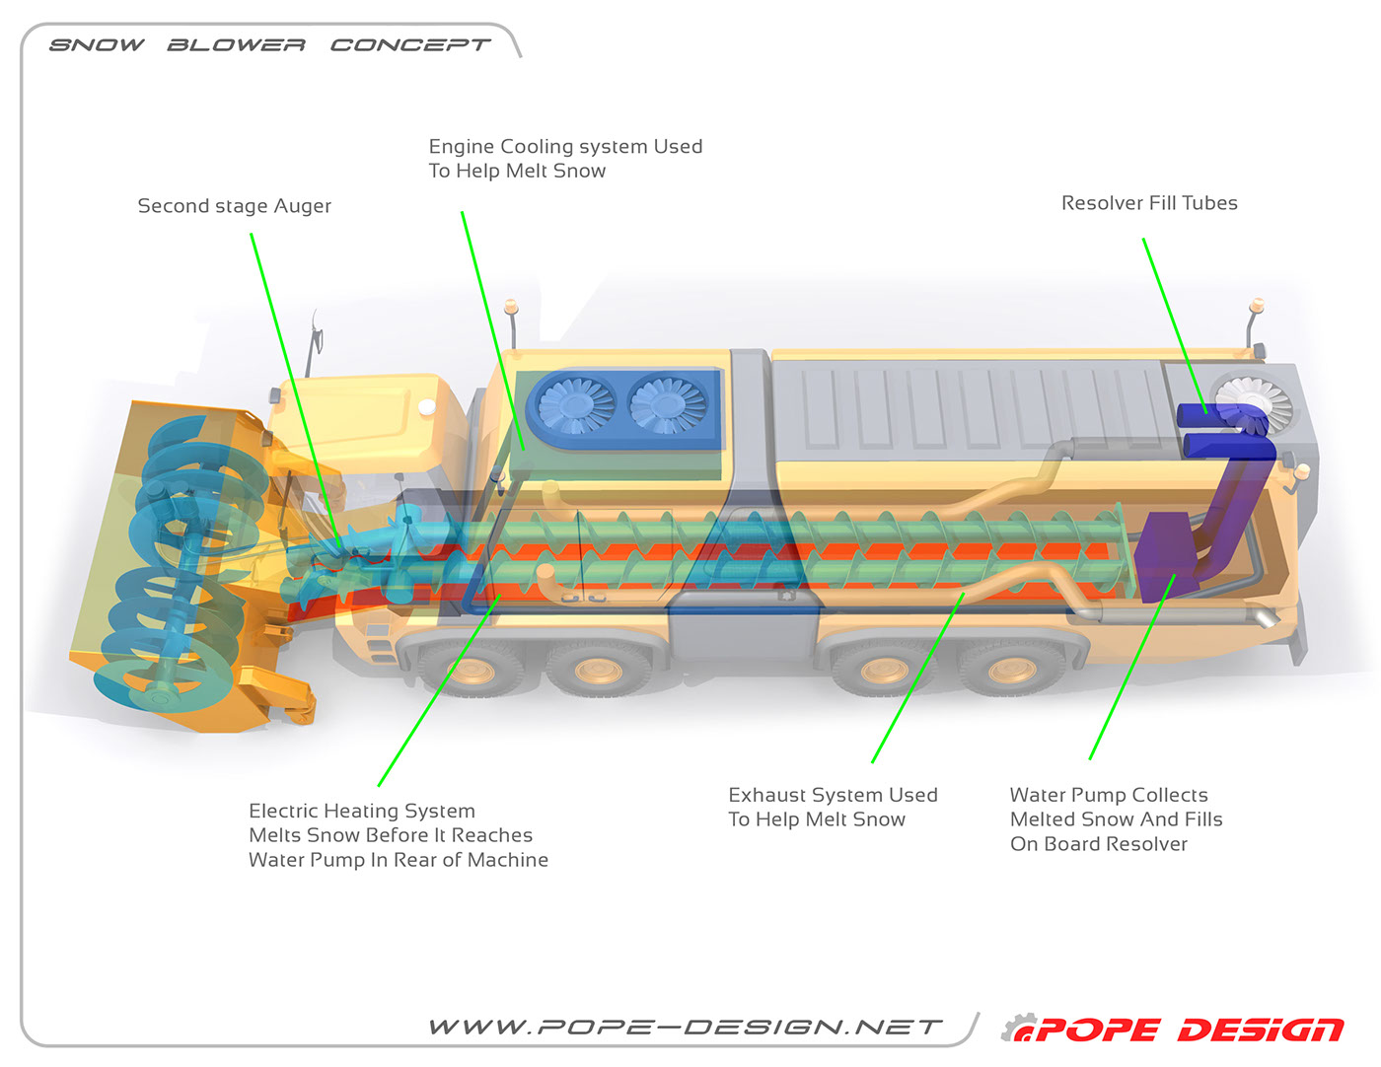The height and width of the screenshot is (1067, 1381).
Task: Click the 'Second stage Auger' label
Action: pyautogui.click(x=235, y=206)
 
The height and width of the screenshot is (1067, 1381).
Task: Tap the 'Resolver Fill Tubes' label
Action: pyautogui.click(x=1149, y=203)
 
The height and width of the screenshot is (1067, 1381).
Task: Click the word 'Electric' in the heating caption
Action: pyautogui.click(x=283, y=811)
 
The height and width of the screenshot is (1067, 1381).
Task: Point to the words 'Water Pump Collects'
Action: pyautogui.click(x=1109, y=795)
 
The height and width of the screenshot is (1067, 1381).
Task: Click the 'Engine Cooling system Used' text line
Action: pyautogui.click(x=565, y=147)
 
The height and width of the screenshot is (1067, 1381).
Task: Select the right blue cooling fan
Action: pyautogui.click(x=669, y=404)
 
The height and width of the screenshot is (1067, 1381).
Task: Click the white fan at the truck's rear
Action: pyautogui.click(x=1255, y=402)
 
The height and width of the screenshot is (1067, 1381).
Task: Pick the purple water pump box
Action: pyautogui.click(x=1164, y=558)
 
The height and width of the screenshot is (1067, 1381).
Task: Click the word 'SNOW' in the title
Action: pyautogui.click(x=97, y=45)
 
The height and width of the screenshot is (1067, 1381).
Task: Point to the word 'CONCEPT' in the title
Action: pyautogui.click(x=409, y=45)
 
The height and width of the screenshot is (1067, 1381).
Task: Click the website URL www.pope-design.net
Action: pyautogui.click(x=686, y=1028)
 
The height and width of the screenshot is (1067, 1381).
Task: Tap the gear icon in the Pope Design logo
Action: pyautogui.click(x=1019, y=1029)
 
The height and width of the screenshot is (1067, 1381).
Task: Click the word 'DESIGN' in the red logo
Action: pyautogui.click(x=1261, y=1031)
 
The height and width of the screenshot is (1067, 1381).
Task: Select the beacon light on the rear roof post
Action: pyautogui.click(x=1256, y=305)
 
